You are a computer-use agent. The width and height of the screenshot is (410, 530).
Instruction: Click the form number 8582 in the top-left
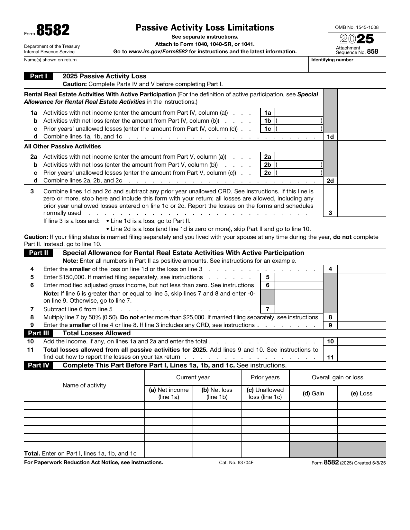tap(53, 31)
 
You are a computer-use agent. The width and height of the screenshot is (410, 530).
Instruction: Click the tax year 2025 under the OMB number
tap(357, 39)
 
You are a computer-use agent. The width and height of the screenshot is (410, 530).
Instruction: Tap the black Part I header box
tap(38, 76)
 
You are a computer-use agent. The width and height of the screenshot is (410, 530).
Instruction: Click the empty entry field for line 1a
tap(299, 112)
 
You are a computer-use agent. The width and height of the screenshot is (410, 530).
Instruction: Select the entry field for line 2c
tap(299, 173)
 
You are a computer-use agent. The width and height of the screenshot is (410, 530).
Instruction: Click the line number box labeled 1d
tap(330, 137)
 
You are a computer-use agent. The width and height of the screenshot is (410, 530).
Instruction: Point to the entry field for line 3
tap(362, 213)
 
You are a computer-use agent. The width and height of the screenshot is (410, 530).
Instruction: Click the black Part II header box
tap(38, 253)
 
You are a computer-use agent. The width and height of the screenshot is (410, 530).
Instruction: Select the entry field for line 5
tap(299, 277)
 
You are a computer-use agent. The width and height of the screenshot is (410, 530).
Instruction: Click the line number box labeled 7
tap(268, 309)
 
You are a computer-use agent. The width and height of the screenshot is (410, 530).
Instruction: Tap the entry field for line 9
tap(362, 325)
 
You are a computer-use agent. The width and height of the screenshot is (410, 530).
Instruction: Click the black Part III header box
tap(38, 333)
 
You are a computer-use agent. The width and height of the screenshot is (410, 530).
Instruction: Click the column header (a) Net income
tap(169, 393)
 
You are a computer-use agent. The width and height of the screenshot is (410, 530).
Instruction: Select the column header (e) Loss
tap(361, 393)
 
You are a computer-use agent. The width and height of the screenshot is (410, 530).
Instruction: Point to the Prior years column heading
tap(265, 377)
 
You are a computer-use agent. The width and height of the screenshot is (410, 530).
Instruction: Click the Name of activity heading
tap(84, 385)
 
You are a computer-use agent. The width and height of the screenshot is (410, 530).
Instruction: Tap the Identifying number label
tap(332, 60)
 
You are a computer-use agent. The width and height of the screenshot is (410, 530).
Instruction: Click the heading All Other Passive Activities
tap(62, 146)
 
